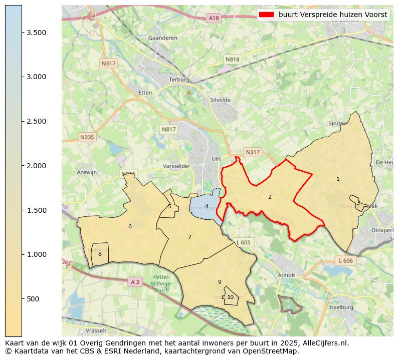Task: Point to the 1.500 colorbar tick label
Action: coord(37,210)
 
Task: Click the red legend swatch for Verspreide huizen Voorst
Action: coord(267,15)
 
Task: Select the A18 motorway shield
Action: coord(214,18)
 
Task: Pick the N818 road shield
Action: coord(232,59)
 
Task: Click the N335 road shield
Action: coord(87,137)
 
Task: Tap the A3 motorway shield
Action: coord(135,282)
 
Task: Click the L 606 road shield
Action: coord(345,261)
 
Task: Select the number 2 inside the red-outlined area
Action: coord(270,197)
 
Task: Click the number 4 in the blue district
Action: coord(207,206)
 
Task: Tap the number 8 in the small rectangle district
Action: coord(100,254)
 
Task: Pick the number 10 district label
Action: coord(230,297)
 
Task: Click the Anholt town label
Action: coord(286,275)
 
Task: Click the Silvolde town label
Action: coord(221,100)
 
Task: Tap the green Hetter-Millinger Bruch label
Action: coord(161,283)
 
